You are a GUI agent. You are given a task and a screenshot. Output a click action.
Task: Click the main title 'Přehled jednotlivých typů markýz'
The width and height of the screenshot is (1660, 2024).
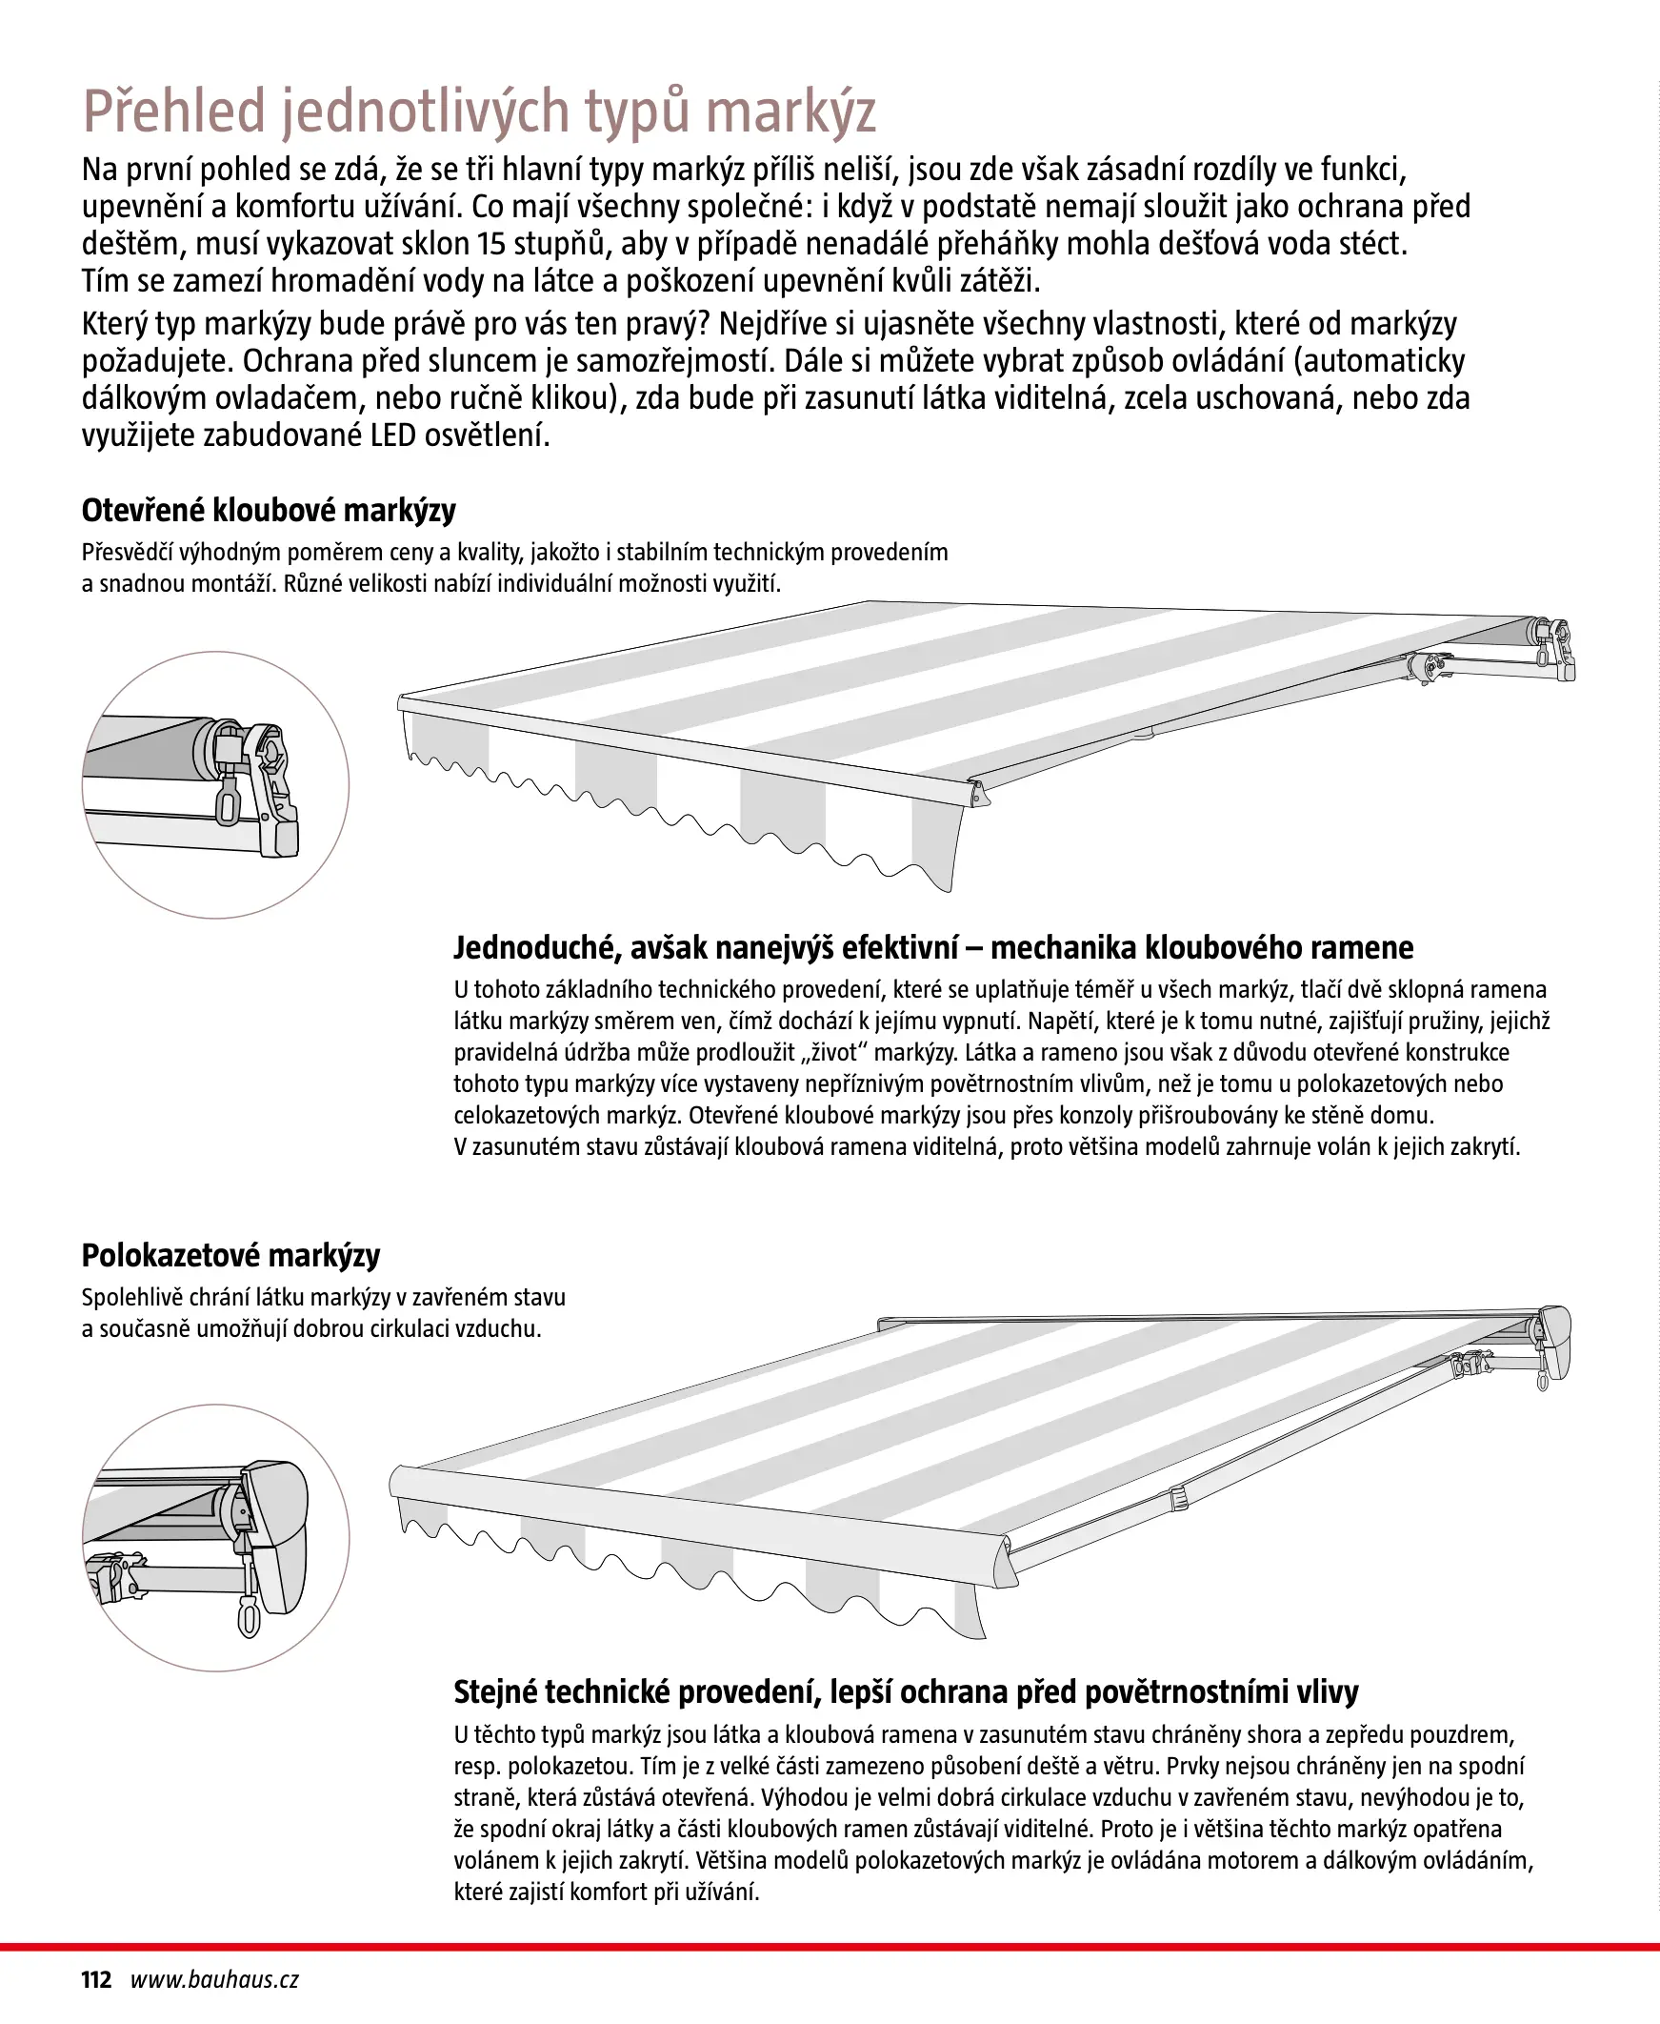[x=479, y=111]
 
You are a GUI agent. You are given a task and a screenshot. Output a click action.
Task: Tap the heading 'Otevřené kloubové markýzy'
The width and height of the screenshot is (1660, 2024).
[x=269, y=511]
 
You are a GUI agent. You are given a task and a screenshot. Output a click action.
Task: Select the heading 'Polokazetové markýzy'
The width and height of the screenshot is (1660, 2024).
[x=230, y=1255]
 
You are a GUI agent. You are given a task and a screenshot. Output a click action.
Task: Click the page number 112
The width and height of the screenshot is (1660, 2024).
[x=95, y=1980]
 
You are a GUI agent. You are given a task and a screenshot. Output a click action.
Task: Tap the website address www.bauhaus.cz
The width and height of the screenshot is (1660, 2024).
[x=214, y=1980]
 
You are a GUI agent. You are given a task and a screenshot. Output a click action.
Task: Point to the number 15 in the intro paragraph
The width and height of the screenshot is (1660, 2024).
[x=491, y=244]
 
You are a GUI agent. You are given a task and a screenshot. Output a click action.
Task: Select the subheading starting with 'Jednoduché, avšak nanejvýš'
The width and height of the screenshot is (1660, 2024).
[x=932, y=948]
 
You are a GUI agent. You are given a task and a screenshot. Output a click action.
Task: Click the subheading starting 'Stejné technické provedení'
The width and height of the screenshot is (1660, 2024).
[x=906, y=1692]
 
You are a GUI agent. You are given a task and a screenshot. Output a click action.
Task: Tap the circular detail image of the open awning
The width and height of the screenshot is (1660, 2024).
[x=215, y=785]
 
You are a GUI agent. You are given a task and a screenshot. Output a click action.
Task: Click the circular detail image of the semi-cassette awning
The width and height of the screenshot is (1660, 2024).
[x=215, y=1538]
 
